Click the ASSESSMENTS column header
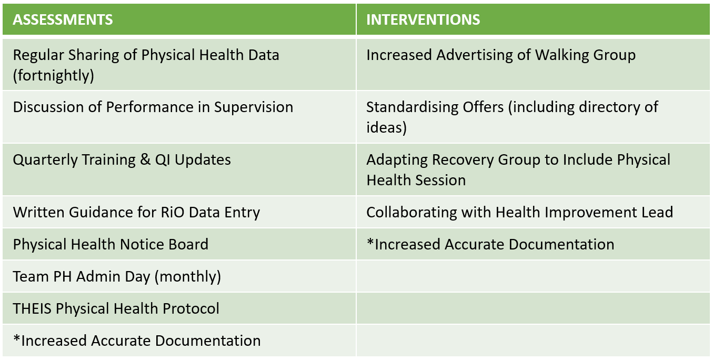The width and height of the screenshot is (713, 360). tap(63, 19)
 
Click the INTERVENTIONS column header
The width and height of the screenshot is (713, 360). tap(423, 19)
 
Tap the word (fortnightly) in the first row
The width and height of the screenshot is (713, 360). tap(54, 76)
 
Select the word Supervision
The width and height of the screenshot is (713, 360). tap(254, 107)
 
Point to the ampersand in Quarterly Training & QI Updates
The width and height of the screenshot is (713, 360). tap(145, 159)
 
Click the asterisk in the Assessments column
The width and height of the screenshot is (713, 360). tap(16, 338)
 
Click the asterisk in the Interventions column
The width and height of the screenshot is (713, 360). tap(370, 242)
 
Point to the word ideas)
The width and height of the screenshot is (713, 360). tap(386, 128)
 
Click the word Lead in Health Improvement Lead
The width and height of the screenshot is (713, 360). tap(657, 212)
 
